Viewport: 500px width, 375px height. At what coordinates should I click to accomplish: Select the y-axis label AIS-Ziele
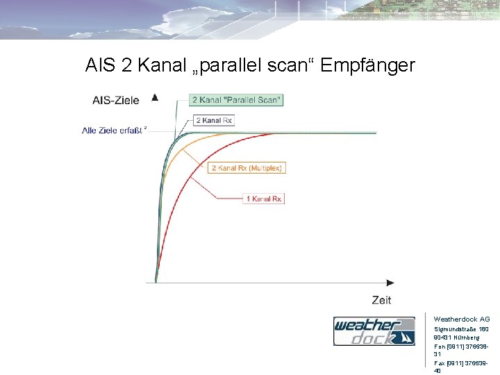pos(116,100)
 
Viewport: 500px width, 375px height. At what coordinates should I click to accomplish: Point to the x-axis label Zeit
pos(381,300)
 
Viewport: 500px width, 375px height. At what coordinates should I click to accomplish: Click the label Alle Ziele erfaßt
pos(112,130)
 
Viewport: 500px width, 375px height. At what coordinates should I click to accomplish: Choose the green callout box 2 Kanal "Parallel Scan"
pos(237,100)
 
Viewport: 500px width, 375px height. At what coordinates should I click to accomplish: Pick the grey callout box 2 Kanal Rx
pos(214,120)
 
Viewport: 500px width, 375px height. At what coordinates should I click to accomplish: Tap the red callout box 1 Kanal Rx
pos(264,199)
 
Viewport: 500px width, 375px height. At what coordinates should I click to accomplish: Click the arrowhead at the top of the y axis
pos(155,97)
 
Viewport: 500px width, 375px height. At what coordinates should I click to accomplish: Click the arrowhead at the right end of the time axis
pos(390,283)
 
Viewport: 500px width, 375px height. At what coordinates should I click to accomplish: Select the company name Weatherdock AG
pos(461,319)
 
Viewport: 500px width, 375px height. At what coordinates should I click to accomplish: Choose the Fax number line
pos(461,362)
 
